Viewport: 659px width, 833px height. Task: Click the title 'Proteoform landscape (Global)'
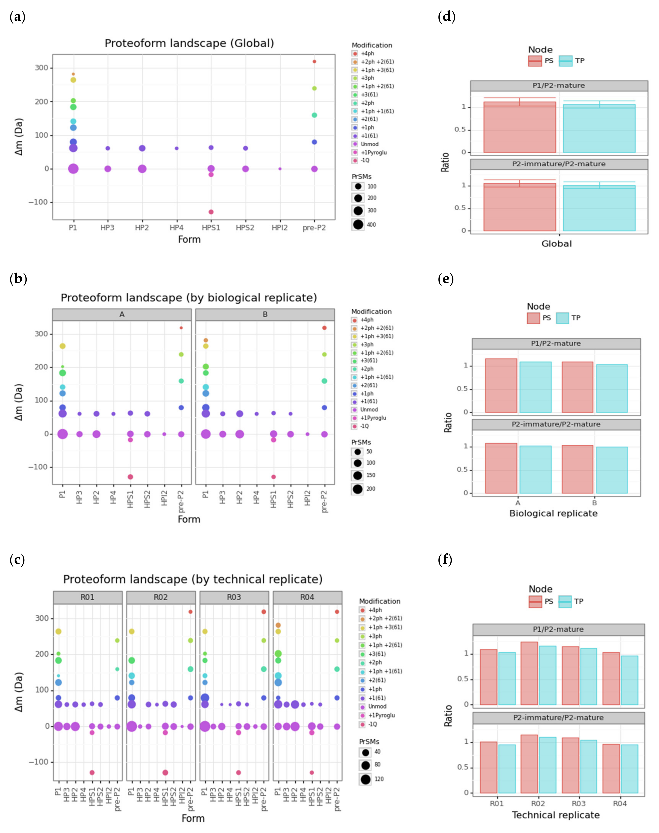point(189,43)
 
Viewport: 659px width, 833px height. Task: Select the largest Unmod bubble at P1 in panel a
point(73,169)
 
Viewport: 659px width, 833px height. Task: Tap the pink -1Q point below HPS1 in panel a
point(211,212)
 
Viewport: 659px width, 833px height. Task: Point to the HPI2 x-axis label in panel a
point(280,228)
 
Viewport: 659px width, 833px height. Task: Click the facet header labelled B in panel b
point(265,314)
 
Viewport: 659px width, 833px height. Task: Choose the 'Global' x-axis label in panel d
point(556,244)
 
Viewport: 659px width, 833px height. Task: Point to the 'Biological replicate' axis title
point(553,513)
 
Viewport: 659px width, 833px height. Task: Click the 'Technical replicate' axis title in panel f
point(556,815)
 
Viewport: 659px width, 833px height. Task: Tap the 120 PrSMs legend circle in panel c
point(365,779)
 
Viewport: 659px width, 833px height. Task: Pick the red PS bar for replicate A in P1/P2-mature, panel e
point(501,385)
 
